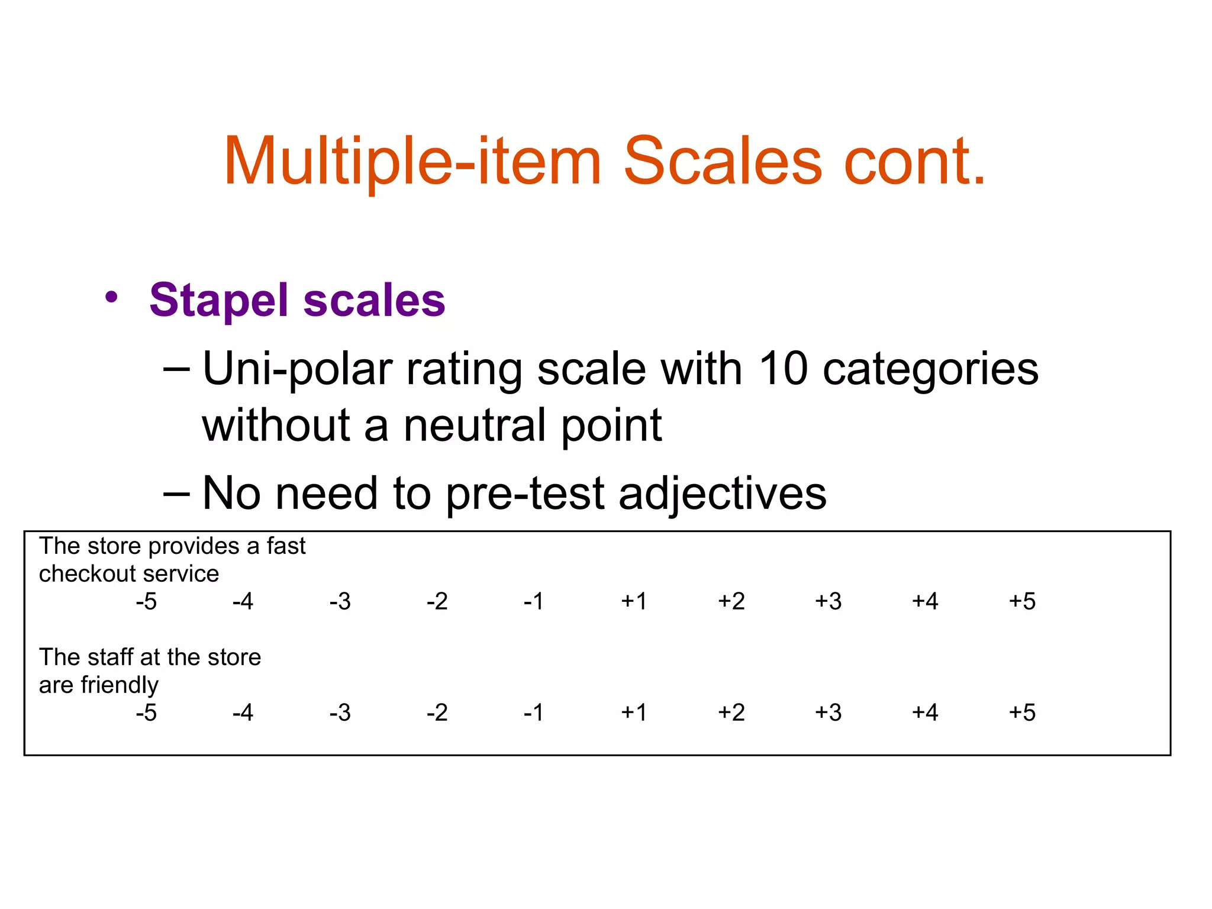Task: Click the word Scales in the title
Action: (723, 161)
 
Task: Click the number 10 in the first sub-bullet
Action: (783, 369)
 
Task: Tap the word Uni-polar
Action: (298, 370)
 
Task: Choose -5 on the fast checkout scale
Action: (146, 602)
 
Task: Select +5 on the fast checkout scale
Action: (1022, 602)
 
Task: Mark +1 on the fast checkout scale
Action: (634, 602)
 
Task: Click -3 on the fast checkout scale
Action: (340, 602)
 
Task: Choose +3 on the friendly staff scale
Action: (828, 713)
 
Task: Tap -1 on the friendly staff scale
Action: (534, 713)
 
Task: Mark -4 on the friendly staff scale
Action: (243, 713)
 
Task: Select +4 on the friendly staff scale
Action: (925, 713)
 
